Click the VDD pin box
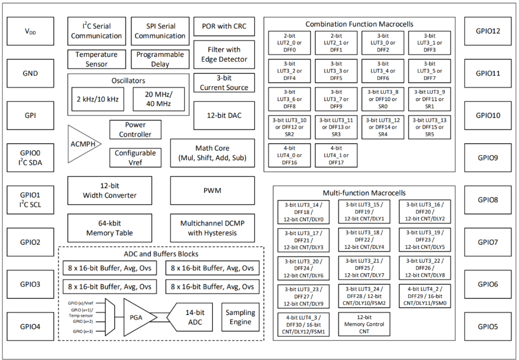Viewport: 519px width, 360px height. point(31,31)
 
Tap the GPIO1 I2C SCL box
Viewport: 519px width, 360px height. point(31,199)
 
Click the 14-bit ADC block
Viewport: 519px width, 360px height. point(194,317)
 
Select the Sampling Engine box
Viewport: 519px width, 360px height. point(240,317)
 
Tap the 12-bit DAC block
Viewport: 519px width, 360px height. point(224,116)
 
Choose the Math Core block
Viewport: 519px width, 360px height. point(212,153)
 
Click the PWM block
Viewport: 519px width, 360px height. point(212,191)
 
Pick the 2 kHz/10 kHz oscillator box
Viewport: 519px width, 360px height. point(97,99)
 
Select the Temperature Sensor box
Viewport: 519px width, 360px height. point(96,59)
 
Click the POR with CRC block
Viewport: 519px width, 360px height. point(224,26)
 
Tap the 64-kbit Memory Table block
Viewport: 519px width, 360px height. point(110,228)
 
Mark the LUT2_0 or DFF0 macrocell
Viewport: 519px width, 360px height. point(289,43)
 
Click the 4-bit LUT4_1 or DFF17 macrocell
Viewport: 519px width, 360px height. point(336,155)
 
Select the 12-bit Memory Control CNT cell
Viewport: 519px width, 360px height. point(364,324)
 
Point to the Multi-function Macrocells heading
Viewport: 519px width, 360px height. point(364,193)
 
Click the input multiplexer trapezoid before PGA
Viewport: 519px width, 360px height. point(110,317)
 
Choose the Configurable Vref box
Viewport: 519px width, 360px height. point(135,157)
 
